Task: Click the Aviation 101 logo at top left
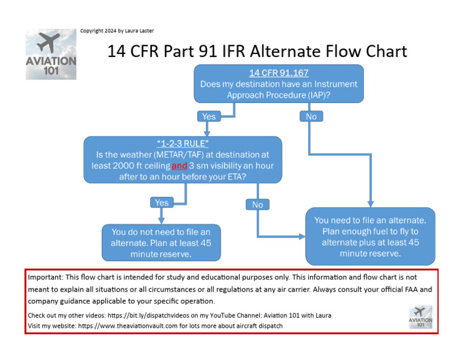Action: [x=51, y=55]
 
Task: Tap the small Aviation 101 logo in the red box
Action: [x=420, y=317]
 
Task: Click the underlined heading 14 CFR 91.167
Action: [x=279, y=73]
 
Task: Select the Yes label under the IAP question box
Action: [x=208, y=116]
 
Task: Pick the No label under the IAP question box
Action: [x=311, y=116]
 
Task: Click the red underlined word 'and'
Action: [x=180, y=165]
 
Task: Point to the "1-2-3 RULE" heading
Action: [x=182, y=144]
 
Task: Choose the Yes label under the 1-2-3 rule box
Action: [x=162, y=202]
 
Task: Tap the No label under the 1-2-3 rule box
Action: [x=257, y=204]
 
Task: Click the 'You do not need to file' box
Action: [x=161, y=242]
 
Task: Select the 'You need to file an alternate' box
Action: [x=371, y=236]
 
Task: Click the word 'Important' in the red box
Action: [x=47, y=276]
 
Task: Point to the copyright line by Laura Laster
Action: [x=121, y=31]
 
